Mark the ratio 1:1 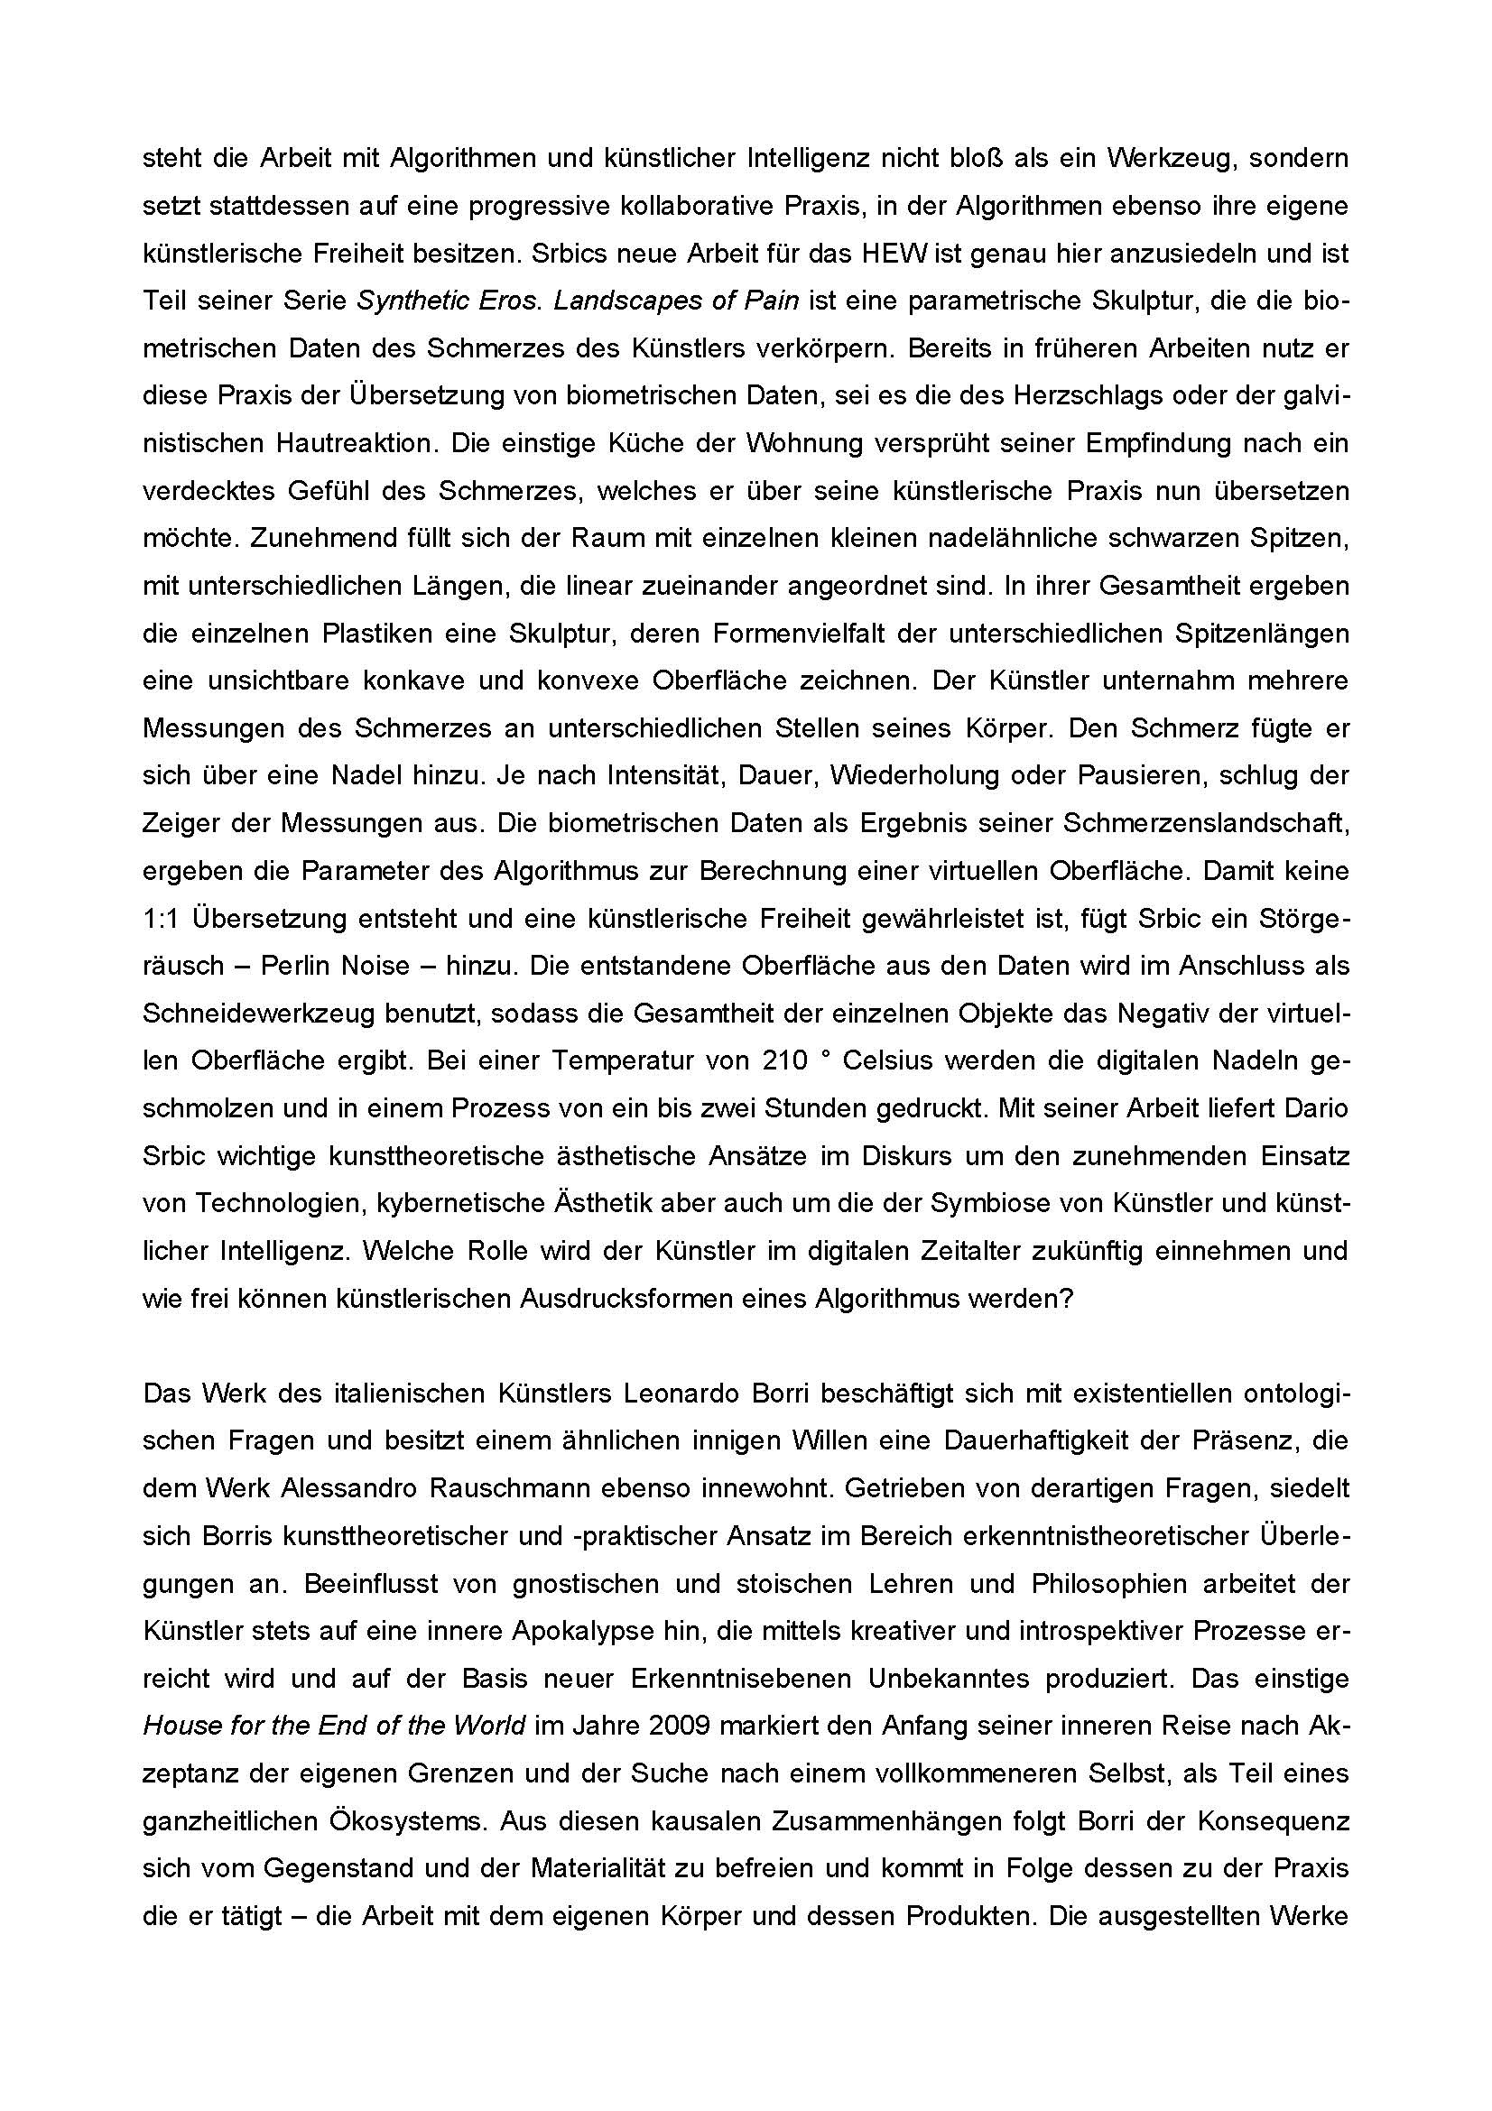(161, 919)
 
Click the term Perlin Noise (335, 966)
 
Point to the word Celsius (888, 1060)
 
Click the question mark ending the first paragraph (1064, 1298)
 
